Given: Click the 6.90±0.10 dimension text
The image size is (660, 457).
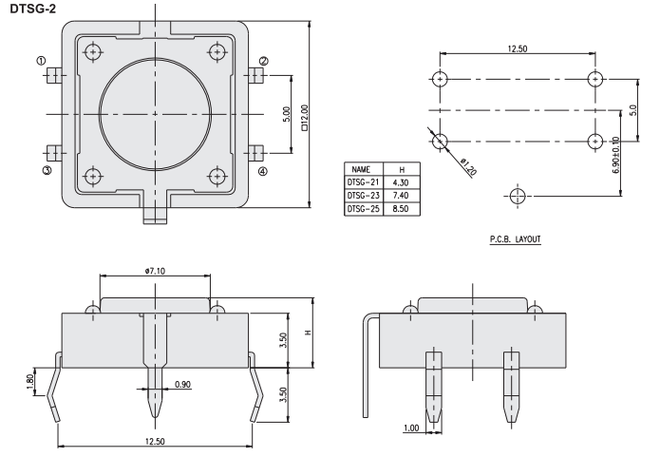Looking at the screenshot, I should (616, 155).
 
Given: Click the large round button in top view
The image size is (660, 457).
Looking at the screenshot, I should (155, 113).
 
